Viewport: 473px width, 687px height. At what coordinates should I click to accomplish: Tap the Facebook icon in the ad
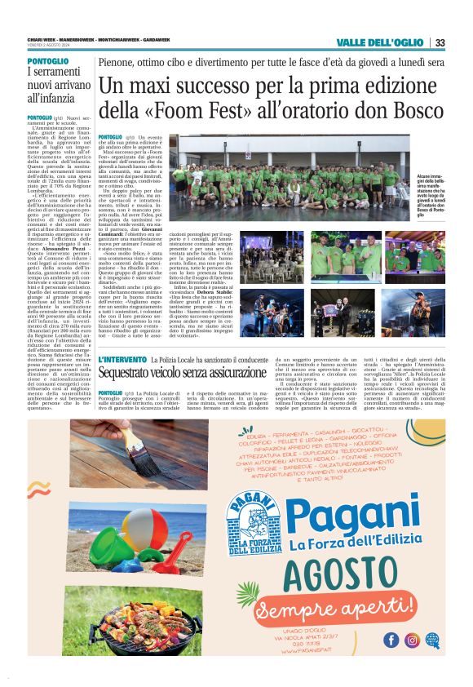pyautogui.click(x=392, y=640)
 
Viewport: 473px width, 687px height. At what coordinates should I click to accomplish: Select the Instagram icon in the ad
pyautogui.click(x=412, y=640)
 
